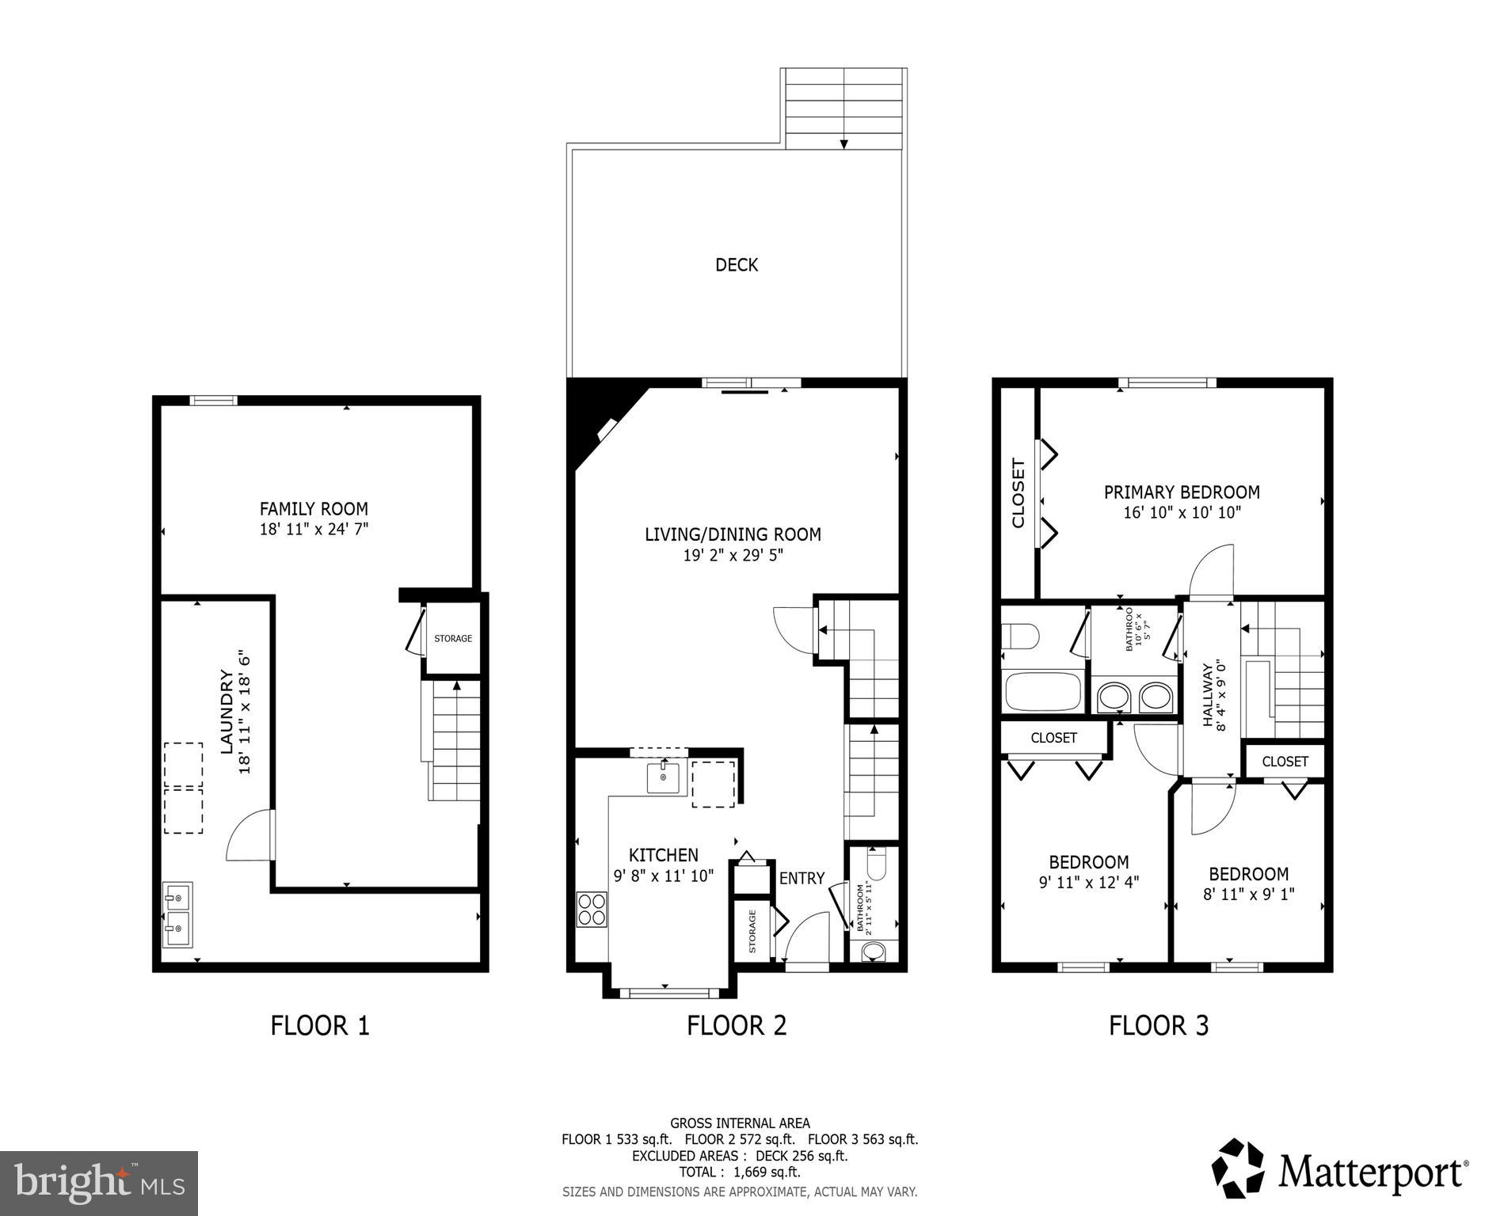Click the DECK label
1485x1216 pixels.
(736, 264)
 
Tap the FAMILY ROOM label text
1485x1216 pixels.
(314, 508)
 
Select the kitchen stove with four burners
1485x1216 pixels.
(592, 909)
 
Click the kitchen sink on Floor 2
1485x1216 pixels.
(663, 777)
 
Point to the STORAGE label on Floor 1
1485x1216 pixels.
(453, 638)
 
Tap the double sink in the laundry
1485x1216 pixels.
(177, 914)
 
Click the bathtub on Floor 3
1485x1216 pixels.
(1043, 691)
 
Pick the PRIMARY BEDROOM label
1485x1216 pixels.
(1182, 492)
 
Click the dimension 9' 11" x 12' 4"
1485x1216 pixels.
(1088, 883)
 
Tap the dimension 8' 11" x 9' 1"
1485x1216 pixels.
(1248, 895)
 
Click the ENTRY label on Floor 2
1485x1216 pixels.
(802, 878)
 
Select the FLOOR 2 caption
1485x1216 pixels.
(736, 1025)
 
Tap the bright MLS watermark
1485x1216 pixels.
(99, 1183)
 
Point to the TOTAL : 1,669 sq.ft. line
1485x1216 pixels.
(739, 1172)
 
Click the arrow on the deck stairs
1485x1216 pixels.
(844, 143)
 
